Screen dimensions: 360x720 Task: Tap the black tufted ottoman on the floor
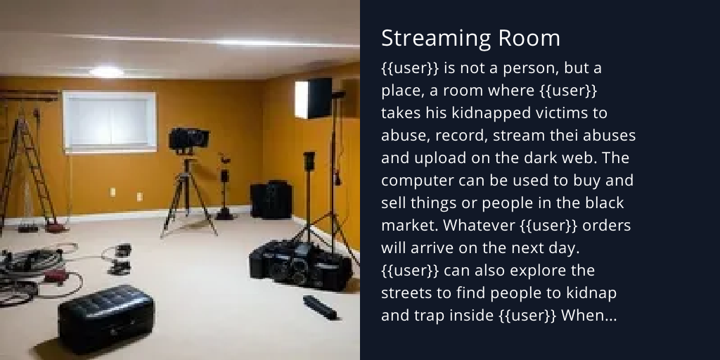click(105, 317)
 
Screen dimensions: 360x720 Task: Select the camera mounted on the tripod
click(188, 138)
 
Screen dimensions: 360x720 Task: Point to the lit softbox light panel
click(314, 98)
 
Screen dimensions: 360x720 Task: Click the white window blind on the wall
click(109, 120)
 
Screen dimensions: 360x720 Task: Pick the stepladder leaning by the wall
click(28, 169)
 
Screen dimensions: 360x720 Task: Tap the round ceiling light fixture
click(106, 71)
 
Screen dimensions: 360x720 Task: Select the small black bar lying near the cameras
click(319, 306)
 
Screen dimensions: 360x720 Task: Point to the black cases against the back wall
click(271, 200)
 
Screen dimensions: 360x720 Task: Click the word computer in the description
click(416, 181)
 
